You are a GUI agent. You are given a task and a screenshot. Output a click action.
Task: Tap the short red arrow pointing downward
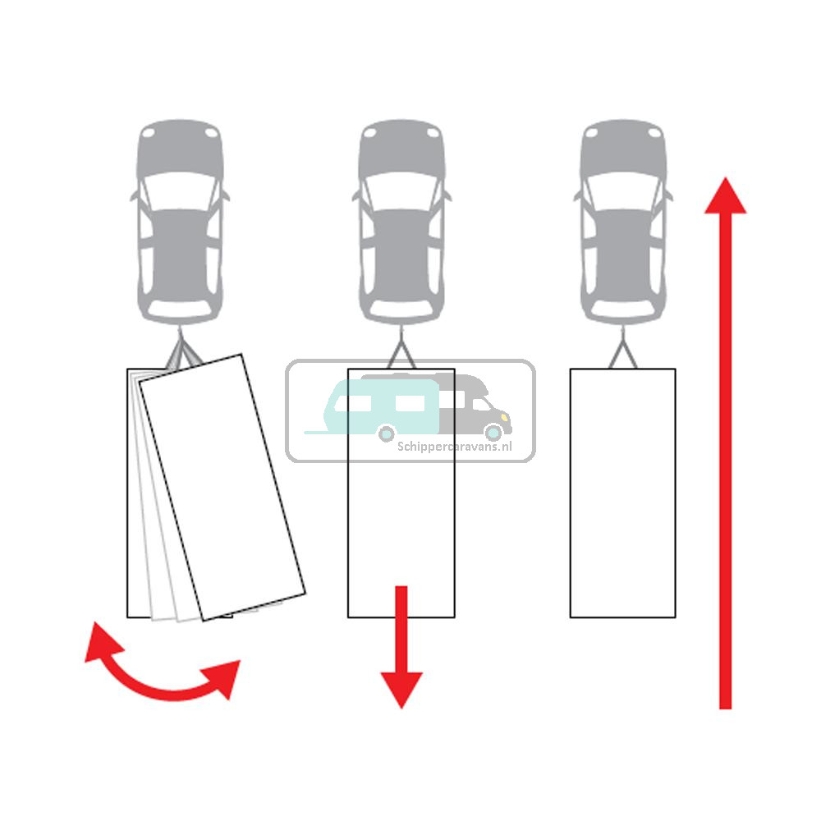pos(401,647)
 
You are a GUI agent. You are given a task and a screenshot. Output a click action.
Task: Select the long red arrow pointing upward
pos(725,443)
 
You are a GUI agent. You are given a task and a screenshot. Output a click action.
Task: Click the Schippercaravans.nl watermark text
pos(455,447)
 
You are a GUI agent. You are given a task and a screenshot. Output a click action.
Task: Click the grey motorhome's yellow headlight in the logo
pos(505,417)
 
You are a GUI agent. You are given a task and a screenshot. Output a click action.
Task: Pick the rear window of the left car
pos(180,310)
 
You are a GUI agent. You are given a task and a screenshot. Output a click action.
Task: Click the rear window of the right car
pos(623,310)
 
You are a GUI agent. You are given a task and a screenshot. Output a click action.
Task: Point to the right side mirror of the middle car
pos(447,196)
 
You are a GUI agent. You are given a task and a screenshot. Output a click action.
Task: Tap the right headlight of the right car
pos(654,133)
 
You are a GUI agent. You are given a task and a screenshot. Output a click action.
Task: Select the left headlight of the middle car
pos(369,133)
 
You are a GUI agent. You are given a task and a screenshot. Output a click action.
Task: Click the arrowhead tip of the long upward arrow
pos(725,177)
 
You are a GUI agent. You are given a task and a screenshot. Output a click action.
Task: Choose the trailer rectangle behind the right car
pos(622,493)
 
